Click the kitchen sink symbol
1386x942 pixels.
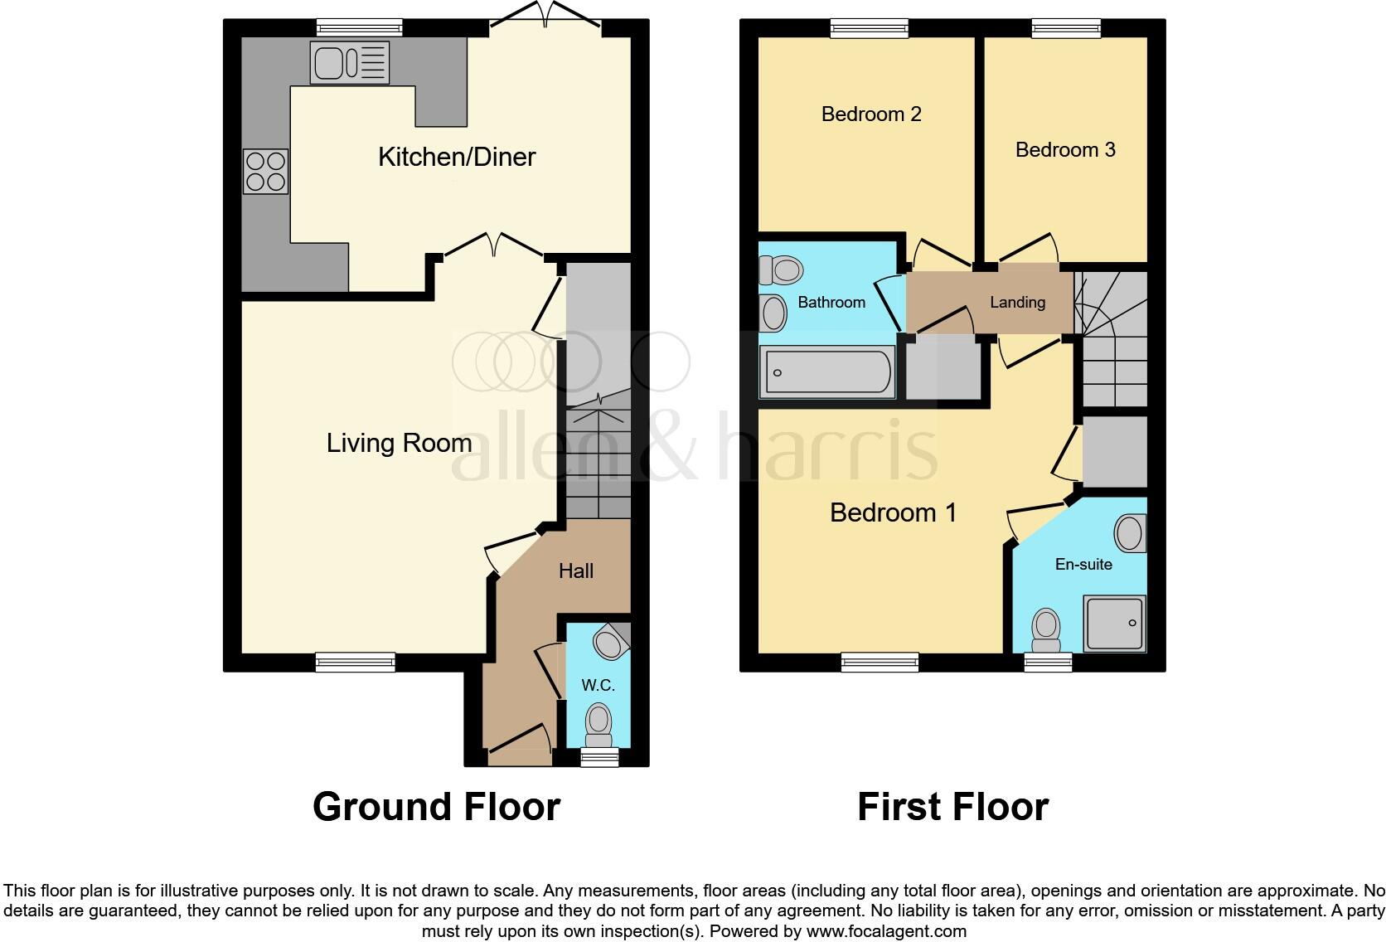tap(349, 62)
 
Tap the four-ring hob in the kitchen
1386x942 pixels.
tap(266, 171)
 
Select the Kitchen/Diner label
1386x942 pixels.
tap(457, 157)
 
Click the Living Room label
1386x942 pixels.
tap(399, 443)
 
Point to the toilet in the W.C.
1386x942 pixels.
tap(598, 724)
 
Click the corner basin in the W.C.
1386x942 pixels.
tap(613, 641)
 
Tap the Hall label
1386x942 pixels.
tap(575, 571)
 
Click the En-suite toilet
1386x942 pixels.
tap(1046, 630)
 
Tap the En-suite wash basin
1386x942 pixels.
tap(1130, 533)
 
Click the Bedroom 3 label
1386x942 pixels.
tap(1065, 150)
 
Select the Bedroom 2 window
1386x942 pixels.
tap(870, 29)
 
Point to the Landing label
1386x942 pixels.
tap(1017, 303)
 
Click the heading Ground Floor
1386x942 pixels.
tap(436, 806)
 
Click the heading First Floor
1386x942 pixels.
tap(952, 806)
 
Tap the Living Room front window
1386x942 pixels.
tap(356, 662)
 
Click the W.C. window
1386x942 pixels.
tap(598, 756)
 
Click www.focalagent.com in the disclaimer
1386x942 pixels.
tap(886, 931)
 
